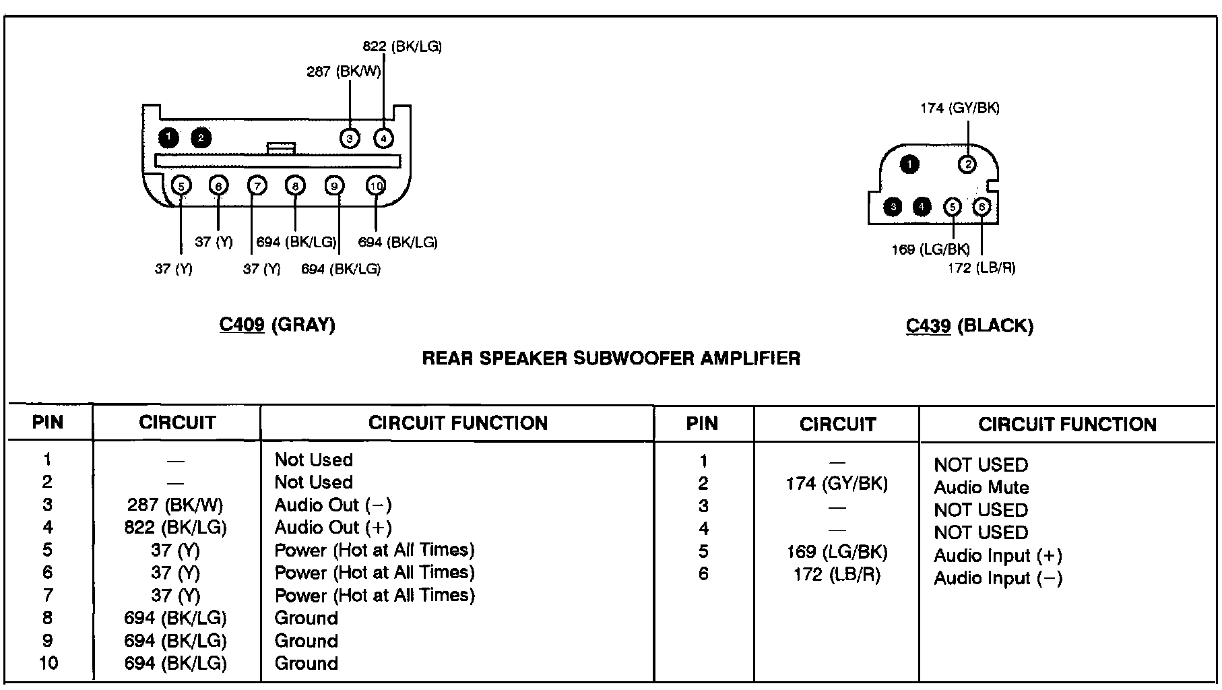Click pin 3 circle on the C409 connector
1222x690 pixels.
point(350,139)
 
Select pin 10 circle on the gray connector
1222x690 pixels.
point(376,186)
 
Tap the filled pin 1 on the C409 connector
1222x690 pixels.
point(168,138)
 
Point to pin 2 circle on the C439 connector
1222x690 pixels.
point(967,164)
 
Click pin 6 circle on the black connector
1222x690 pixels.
point(982,207)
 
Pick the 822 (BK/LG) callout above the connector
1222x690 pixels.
point(402,46)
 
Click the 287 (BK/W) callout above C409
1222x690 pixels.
point(344,71)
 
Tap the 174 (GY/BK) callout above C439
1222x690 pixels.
point(960,108)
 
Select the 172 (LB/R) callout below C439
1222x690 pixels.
point(982,268)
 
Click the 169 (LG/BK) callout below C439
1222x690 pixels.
point(931,250)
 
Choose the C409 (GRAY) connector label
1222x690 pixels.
point(278,325)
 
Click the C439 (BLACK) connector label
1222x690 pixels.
point(969,326)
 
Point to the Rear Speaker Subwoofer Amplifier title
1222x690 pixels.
point(611,358)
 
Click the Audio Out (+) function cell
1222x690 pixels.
point(333,528)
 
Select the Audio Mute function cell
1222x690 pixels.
point(982,488)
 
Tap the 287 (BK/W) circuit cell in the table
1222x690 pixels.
point(175,505)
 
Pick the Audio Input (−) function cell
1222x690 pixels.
point(998,578)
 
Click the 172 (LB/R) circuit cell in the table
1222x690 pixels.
point(837,574)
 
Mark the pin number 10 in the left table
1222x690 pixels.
point(48,663)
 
